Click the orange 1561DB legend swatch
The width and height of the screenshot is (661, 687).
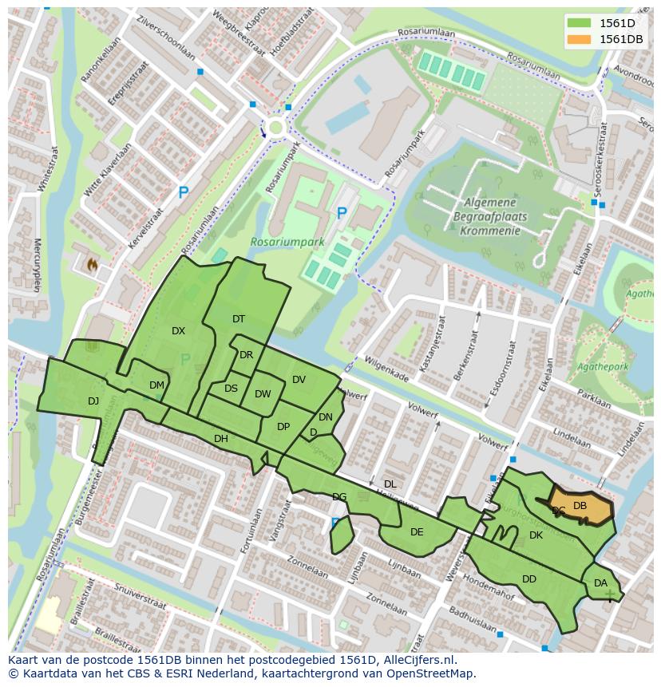(579, 39)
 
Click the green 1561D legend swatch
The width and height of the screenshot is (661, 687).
(579, 23)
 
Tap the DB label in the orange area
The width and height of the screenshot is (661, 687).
(580, 506)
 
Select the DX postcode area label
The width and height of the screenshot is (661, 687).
(178, 331)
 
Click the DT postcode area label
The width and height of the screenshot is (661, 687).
(239, 319)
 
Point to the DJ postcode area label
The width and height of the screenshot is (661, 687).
(93, 401)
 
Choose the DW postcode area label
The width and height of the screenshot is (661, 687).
(263, 394)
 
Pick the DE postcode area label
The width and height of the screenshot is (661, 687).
(417, 532)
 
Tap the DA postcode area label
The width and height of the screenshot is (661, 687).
(600, 584)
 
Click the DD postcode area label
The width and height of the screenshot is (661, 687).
(529, 579)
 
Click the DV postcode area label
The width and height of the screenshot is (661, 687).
(299, 380)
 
